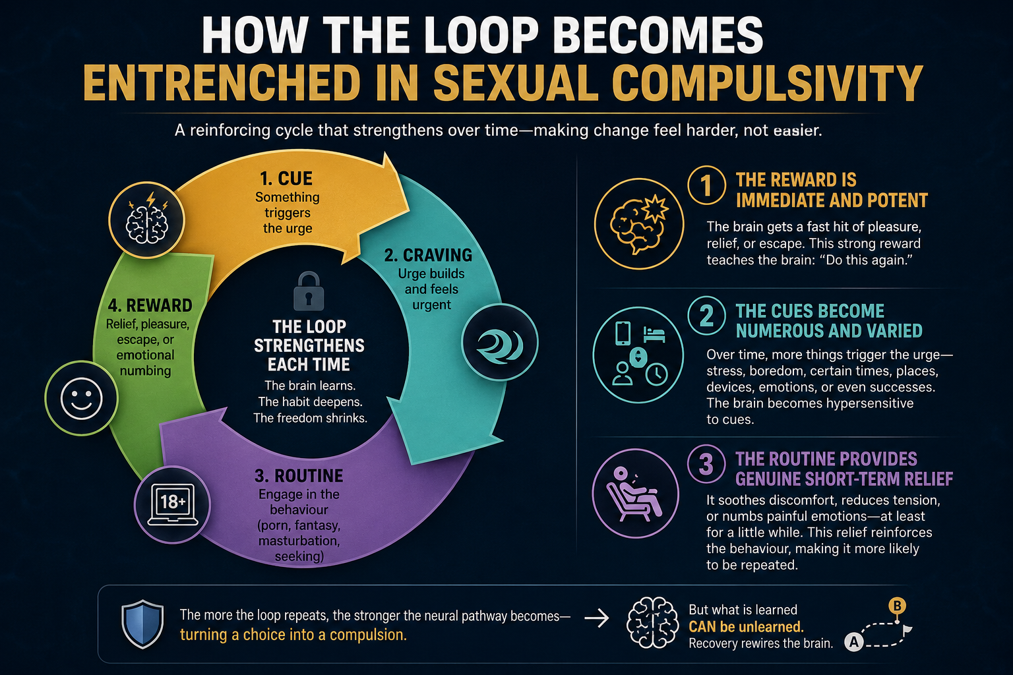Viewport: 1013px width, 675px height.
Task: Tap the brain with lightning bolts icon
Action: click(147, 220)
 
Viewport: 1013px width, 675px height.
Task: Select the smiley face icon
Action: click(81, 398)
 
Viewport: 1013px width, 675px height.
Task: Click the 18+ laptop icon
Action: click(173, 504)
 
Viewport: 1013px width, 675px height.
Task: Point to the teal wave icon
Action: click(500, 342)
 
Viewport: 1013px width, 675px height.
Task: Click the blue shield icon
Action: click(142, 624)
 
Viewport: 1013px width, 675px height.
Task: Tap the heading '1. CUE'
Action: click(286, 179)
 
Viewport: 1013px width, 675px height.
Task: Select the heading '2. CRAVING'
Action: click(428, 256)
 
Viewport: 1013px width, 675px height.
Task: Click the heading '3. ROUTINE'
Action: click(299, 476)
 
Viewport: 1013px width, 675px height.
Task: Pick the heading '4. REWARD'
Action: click(150, 306)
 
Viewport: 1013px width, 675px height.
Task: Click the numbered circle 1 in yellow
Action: click(706, 185)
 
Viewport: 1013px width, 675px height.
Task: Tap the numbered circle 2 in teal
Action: click(706, 315)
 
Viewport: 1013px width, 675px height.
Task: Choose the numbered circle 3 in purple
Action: click(706, 464)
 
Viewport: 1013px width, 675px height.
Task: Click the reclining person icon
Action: click(635, 493)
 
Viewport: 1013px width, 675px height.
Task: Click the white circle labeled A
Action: click(854, 641)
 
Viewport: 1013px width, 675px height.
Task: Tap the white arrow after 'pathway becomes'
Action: click(596, 618)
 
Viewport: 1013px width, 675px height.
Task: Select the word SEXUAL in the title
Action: click(516, 84)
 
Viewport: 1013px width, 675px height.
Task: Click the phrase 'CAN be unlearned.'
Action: click(746, 627)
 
